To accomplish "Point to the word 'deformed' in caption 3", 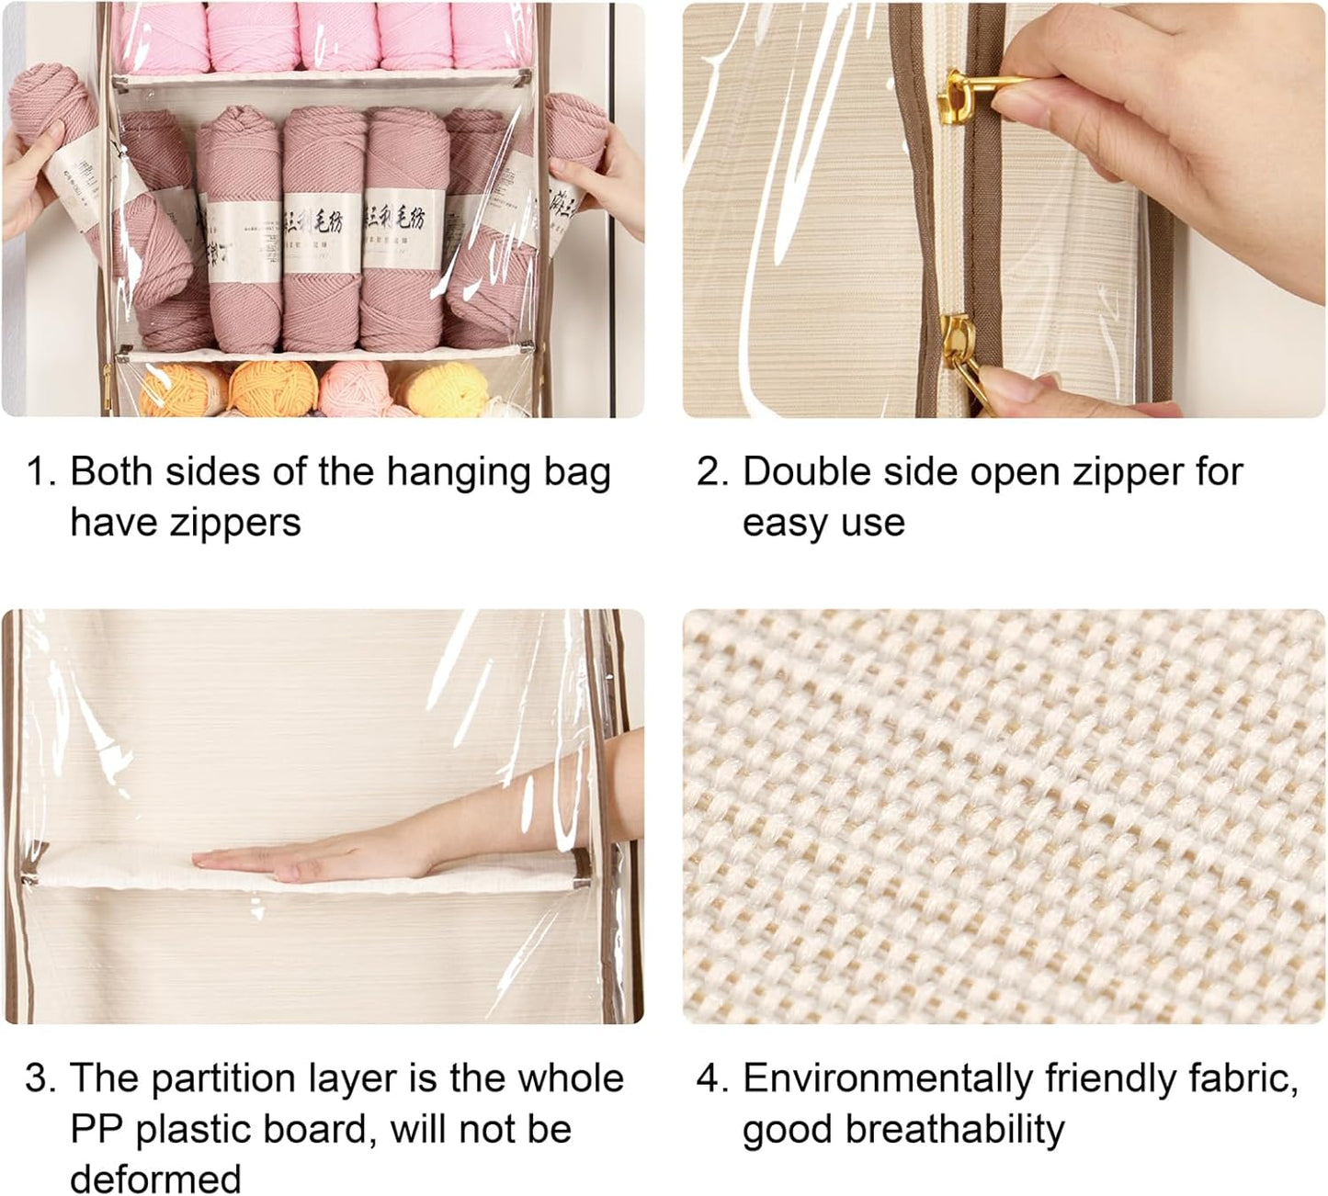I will coord(156,1179).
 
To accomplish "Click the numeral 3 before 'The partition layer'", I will coord(40,1078).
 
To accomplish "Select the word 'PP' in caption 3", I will coord(96,1129).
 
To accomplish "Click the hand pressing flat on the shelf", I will coord(276,859).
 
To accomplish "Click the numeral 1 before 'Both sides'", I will coord(40,472).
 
